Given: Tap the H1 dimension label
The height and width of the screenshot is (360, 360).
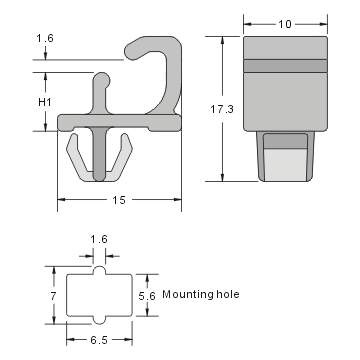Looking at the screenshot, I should [44, 101].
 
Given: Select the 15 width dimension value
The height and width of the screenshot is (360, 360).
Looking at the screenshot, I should [119, 200].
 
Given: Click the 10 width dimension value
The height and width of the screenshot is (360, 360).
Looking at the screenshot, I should [287, 22].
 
